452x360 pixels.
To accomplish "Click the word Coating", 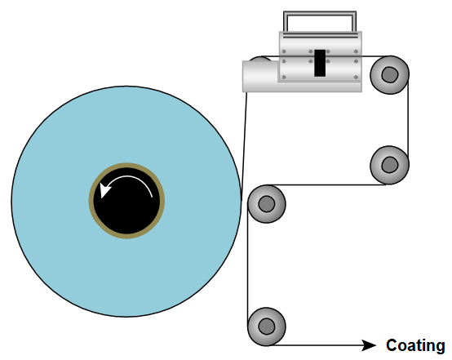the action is (415, 345).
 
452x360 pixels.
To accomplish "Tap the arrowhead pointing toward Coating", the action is (370, 345).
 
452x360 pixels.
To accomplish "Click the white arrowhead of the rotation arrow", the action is (105, 190).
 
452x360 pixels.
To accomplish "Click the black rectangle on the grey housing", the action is (320, 63).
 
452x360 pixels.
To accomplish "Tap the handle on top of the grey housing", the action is (320, 13).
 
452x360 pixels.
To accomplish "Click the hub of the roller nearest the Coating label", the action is (267, 327).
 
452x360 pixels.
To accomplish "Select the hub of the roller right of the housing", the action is (390, 75).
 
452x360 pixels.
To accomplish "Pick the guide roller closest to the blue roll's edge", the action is (267, 204).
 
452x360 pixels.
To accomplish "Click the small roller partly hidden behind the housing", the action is (260, 59).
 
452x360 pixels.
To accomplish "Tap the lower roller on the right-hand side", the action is (389, 165).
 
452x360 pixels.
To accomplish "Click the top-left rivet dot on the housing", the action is (284, 51).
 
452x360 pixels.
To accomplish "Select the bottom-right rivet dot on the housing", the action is (356, 77).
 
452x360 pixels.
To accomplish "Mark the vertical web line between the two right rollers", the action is (408, 120).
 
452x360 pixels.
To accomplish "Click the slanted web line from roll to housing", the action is (244, 146).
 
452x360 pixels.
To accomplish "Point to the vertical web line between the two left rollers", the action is (247, 264).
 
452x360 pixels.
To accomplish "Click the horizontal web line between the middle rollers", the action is (328, 184).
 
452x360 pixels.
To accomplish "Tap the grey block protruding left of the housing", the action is (260, 77).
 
